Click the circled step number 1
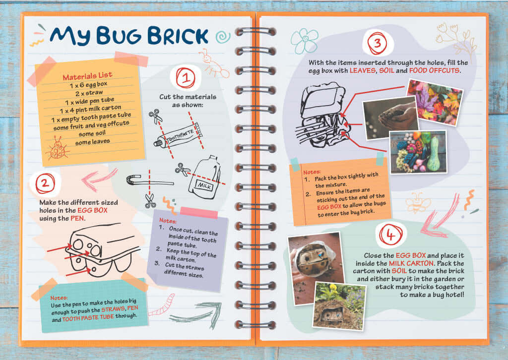(x=186, y=78)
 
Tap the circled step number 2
(x=45, y=183)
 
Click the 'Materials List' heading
(x=87, y=76)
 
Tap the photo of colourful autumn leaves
(x=435, y=102)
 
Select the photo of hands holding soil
(x=390, y=118)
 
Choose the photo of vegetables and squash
(x=418, y=152)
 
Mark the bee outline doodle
(x=418, y=202)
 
